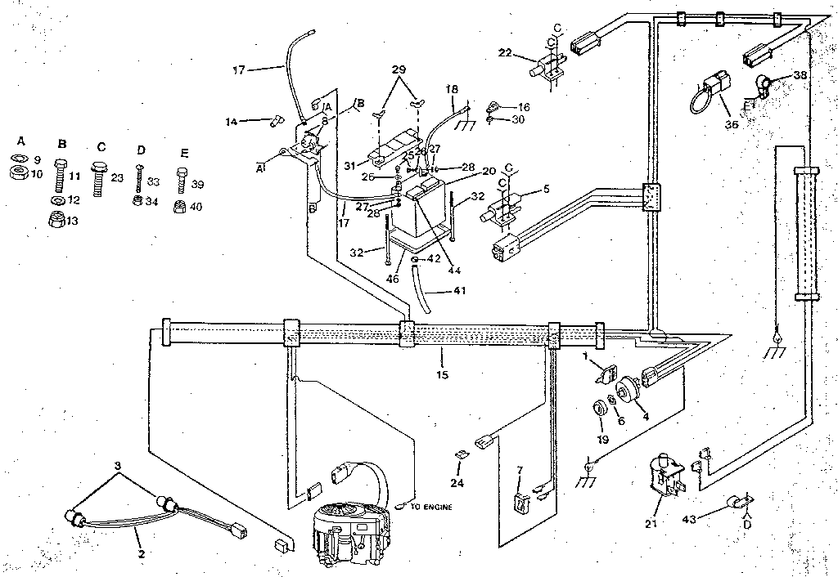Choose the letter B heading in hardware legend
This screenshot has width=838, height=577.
61,144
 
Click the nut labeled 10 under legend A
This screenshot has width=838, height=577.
17,172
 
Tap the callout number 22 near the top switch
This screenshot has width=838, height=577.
505,53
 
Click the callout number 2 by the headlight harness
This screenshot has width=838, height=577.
141,554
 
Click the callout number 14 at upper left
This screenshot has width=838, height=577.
232,122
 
